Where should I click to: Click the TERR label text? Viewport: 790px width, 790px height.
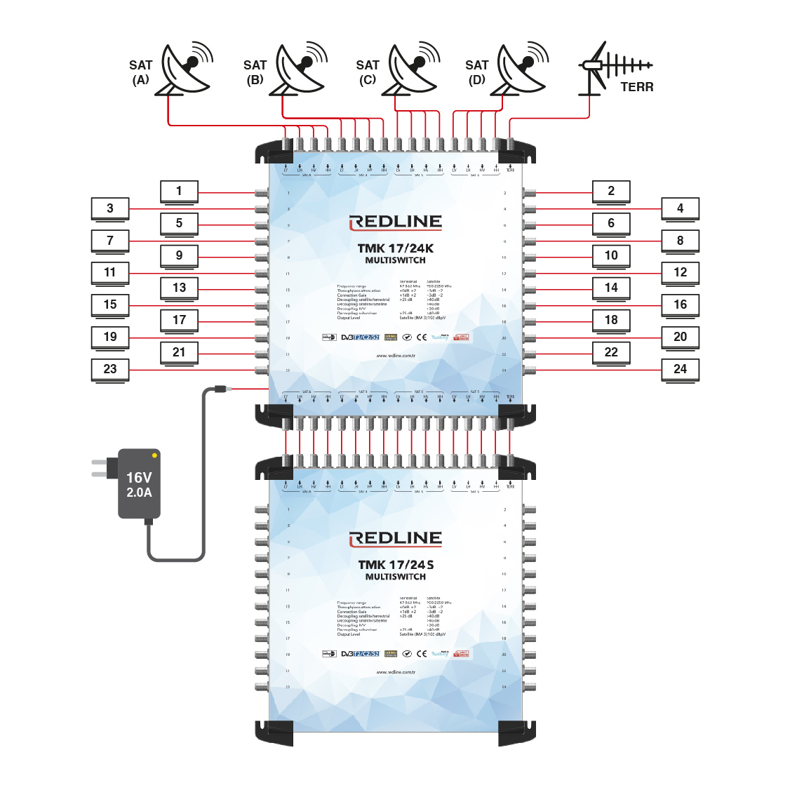point(636,87)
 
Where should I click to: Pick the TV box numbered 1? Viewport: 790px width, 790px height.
point(179,191)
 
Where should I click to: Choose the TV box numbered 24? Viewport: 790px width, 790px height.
point(680,369)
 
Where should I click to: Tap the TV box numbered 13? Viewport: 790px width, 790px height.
point(179,288)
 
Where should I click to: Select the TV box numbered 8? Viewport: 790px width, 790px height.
point(680,240)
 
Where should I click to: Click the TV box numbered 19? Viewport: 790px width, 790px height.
point(110,337)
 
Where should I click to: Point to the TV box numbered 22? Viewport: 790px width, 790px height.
point(611,352)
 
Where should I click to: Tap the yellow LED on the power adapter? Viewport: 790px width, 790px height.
point(154,456)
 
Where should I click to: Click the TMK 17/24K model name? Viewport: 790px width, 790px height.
point(396,248)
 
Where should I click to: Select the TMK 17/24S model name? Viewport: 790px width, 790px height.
point(396,565)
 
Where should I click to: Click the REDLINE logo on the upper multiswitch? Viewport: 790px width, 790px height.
point(396,222)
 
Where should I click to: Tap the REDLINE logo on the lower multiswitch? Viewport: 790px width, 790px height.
point(396,539)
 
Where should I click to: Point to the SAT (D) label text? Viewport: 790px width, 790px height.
point(477,72)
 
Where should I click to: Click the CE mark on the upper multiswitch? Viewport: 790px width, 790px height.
point(422,337)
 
